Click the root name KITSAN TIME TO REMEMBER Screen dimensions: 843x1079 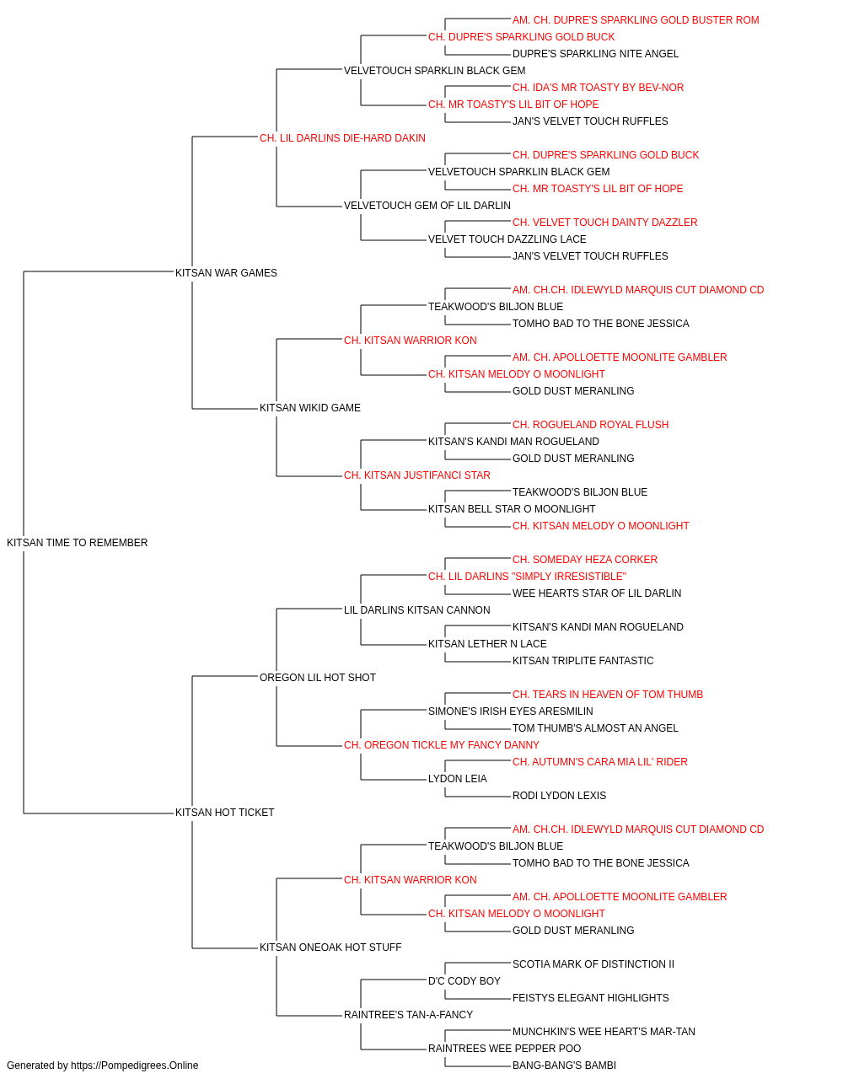tap(77, 543)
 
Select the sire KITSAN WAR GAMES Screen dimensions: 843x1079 tap(226, 272)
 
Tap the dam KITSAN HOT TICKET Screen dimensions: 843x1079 tap(224, 813)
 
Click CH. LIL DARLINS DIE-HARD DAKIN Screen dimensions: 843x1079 tap(342, 138)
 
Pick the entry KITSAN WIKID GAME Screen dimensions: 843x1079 tap(309, 408)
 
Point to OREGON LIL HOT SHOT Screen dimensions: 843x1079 tap(317, 677)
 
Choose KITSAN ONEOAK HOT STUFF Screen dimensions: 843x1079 tap(330, 947)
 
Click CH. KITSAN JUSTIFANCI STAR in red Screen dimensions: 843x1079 tap(416, 475)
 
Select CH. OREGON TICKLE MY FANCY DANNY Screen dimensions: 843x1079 tap(442, 745)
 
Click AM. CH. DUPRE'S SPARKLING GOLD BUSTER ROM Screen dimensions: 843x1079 tap(636, 20)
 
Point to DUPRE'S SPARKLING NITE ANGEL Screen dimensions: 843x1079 tap(595, 54)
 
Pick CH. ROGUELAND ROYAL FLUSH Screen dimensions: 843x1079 tap(590, 425)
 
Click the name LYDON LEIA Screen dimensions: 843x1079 tap(457, 779)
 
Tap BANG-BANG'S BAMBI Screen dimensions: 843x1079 tap(564, 1066)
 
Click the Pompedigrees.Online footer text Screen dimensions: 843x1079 tap(102, 1066)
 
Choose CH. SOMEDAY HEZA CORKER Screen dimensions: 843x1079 tap(585, 560)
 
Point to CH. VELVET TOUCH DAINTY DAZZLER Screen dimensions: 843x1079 tap(604, 223)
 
